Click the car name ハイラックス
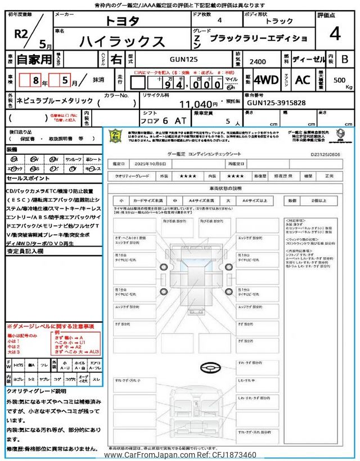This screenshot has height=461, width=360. [x=123, y=41]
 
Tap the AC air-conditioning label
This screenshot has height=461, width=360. [x=302, y=80]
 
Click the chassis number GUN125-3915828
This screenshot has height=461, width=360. [x=276, y=104]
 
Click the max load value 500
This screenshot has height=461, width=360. [x=339, y=80]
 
